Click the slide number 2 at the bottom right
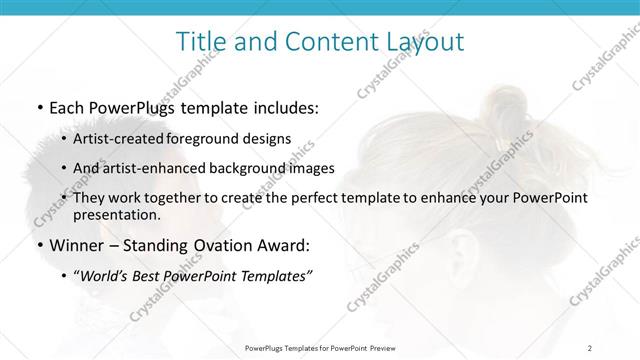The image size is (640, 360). (590, 347)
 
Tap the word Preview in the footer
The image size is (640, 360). (384, 347)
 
